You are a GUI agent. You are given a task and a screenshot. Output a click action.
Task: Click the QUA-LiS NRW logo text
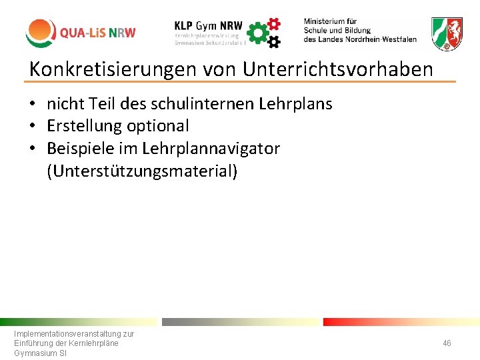click(97, 33)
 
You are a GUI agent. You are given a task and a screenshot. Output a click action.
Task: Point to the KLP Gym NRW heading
click(208, 23)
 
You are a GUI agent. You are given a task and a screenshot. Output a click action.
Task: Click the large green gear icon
click(257, 33)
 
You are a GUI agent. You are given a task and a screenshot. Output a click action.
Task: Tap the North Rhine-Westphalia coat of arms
click(447, 33)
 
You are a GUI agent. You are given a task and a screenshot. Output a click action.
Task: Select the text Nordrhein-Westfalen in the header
click(378, 39)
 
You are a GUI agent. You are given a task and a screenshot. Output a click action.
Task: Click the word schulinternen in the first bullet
click(203, 104)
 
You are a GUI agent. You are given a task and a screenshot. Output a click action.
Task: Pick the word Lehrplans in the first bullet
click(297, 104)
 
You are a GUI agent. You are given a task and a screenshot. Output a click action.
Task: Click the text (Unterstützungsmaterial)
click(142, 171)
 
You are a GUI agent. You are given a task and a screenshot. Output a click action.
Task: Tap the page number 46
click(447, 343)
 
